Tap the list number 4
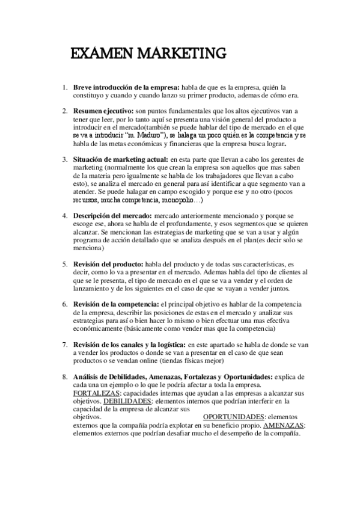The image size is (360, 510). click(x=64, y=215)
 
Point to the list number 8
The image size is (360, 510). click(x=64, y=376)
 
